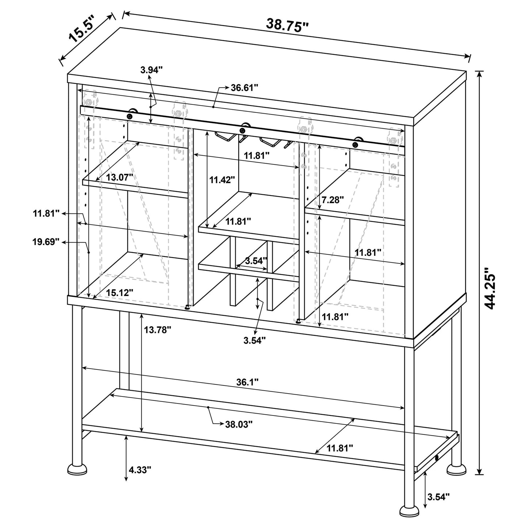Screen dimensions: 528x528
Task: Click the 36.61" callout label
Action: [x=244, y=88]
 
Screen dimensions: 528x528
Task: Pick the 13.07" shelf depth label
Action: [x=119, y=177]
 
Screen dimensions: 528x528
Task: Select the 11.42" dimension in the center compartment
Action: [x=222, y=180]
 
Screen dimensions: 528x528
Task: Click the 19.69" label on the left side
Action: [x=46, y=242]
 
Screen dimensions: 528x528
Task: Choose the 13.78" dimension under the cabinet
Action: [x=157, y=330]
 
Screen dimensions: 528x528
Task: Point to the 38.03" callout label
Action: [x=239, y=424]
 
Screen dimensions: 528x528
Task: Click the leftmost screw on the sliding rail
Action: [x=129, y=116]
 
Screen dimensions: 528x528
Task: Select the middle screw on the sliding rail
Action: [x=242, y=130]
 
